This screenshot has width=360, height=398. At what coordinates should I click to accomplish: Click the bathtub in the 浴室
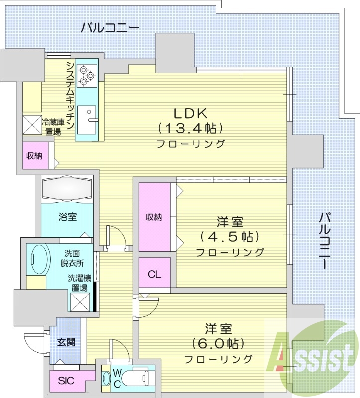67,189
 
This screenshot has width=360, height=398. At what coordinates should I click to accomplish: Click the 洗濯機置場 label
78,283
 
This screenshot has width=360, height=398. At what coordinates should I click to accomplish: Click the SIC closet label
66,381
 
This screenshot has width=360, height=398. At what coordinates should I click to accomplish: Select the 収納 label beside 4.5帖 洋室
154,217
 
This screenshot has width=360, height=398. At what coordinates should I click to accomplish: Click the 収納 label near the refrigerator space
34,156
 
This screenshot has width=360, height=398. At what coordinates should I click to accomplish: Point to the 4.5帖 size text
230,236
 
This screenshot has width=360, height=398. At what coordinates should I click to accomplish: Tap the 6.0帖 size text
218,343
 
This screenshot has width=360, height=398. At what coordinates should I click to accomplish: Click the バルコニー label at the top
110,27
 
